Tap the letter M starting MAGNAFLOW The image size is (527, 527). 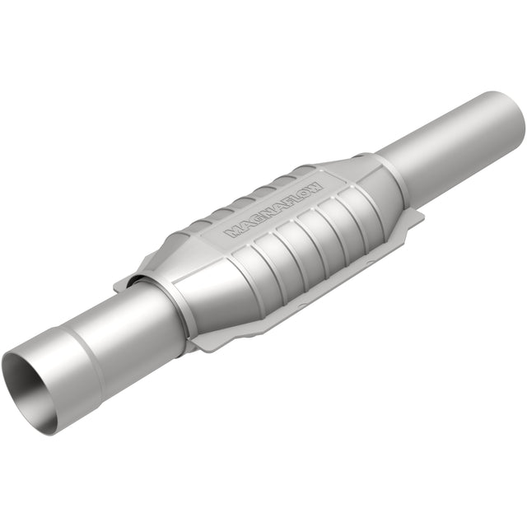[x=232, y=232]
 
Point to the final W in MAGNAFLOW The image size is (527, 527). [x=318, y=184]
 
